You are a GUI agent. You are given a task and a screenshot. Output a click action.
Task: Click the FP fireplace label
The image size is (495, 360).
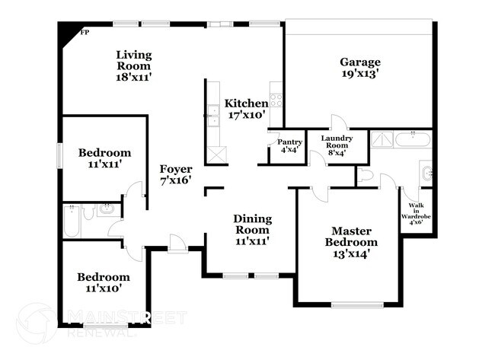85,33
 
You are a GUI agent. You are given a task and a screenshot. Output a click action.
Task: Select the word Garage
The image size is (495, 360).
360,62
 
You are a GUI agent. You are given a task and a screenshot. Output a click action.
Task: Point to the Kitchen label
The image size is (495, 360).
245,104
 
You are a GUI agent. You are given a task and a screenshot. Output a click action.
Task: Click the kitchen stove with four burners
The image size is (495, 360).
276,98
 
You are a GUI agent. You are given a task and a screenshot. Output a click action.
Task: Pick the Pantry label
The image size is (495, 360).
289,142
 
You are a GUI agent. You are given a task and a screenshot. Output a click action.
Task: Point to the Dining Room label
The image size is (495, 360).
251,225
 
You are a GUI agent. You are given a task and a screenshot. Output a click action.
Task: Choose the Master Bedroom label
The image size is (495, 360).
352,236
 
